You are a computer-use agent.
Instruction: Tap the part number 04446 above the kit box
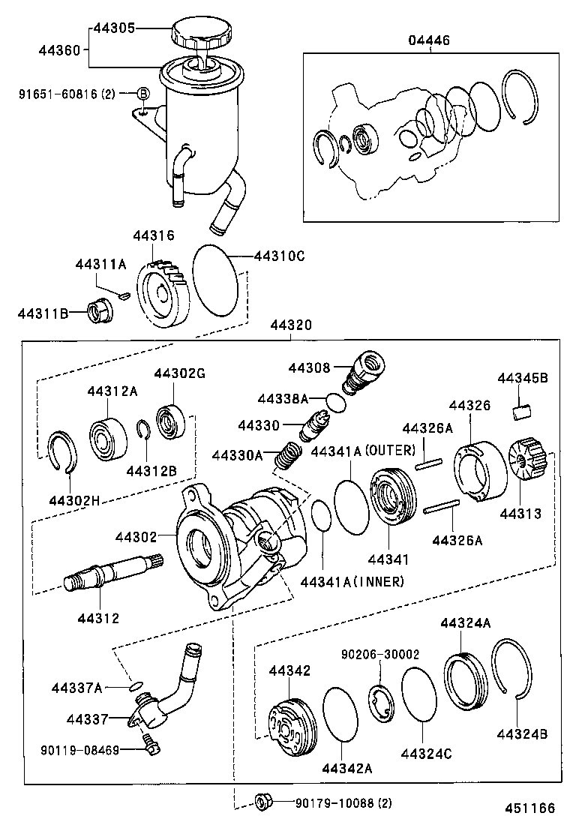(429, 40)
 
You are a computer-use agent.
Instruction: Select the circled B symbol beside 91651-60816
(142, 94)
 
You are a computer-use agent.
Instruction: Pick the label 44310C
(279, 256)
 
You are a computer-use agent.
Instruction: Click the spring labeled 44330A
(286, 455)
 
